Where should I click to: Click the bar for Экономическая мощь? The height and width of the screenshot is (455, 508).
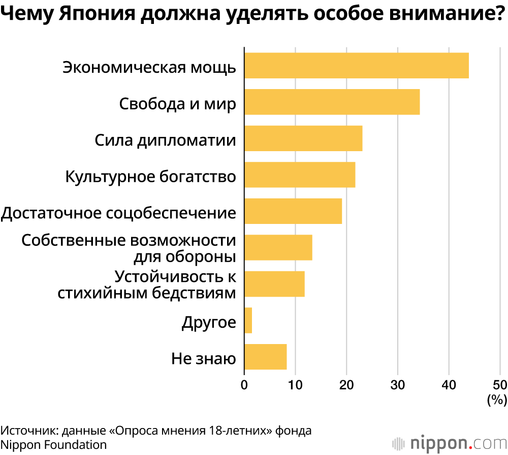[356, 65]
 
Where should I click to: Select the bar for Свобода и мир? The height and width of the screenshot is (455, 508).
[332, 102]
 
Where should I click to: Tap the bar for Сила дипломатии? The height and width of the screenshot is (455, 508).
[303, 138]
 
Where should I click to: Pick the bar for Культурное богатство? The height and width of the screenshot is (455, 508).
[300, 175]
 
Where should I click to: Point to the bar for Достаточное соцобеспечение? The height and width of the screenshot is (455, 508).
[293, 211]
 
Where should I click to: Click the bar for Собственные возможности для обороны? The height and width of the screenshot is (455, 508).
[278, 247]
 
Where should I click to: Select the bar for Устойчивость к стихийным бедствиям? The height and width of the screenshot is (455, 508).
[274, 283]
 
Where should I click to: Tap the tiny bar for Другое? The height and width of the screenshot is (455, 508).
[248, 320]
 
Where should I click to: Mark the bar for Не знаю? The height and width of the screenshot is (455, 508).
[265, 356]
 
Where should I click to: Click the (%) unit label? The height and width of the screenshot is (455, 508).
[497, 400]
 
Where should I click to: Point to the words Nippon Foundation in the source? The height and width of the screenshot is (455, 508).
[54, 444]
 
